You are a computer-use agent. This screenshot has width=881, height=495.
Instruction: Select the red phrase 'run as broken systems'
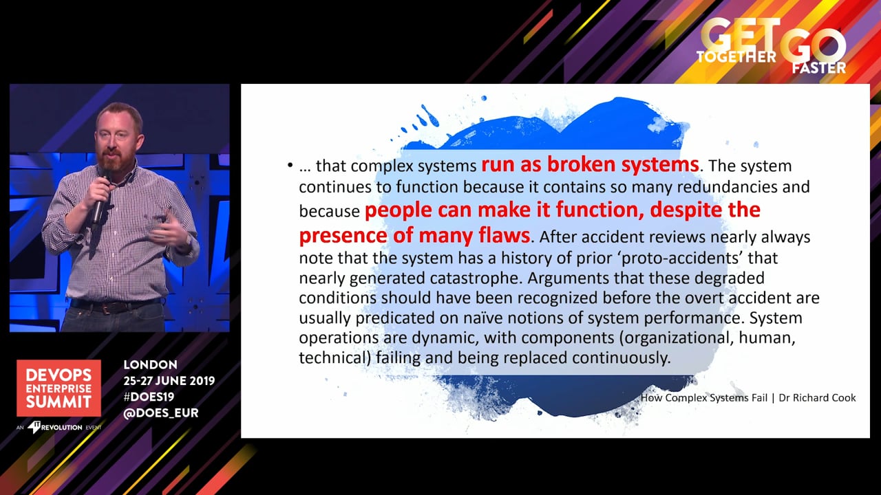click(x=591, y=164)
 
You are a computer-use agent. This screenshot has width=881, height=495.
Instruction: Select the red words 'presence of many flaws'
click(x=414, y=235)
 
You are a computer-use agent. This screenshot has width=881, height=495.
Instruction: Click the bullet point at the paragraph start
click(x=290, y=166)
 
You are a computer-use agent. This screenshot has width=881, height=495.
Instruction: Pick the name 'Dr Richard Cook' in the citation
click(x=817, y=397)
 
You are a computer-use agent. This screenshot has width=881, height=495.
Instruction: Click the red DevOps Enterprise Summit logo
click(x=59, y=388)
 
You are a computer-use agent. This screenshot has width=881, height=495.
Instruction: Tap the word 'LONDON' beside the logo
click(x=150, y=364)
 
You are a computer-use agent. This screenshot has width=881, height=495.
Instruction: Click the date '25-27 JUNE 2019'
click(x=169, y=381)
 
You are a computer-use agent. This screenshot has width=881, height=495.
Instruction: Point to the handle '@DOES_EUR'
click(x=161, y=413)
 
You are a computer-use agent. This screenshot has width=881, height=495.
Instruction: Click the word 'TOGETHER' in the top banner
click(x=736, y=57)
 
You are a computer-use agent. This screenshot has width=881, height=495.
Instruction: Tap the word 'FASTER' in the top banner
click(x=819, y=68)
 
